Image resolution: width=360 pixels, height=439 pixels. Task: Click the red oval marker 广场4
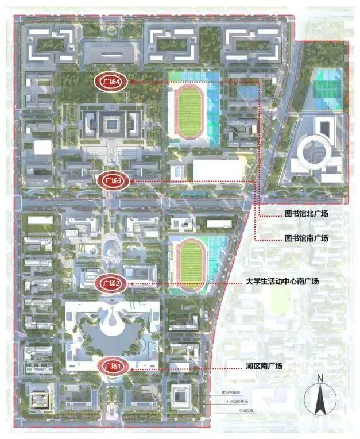(111, 82)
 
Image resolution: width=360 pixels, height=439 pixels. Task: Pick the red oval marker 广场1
(111, 366)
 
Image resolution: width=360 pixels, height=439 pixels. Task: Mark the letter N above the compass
(320, 378)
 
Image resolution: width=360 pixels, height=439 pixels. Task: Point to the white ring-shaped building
(313, 150)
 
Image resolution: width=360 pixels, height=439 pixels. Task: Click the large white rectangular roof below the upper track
(217, 170)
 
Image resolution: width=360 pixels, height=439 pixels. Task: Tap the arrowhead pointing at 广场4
(131, 82)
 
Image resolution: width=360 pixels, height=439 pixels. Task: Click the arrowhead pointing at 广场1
(131, 366)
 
